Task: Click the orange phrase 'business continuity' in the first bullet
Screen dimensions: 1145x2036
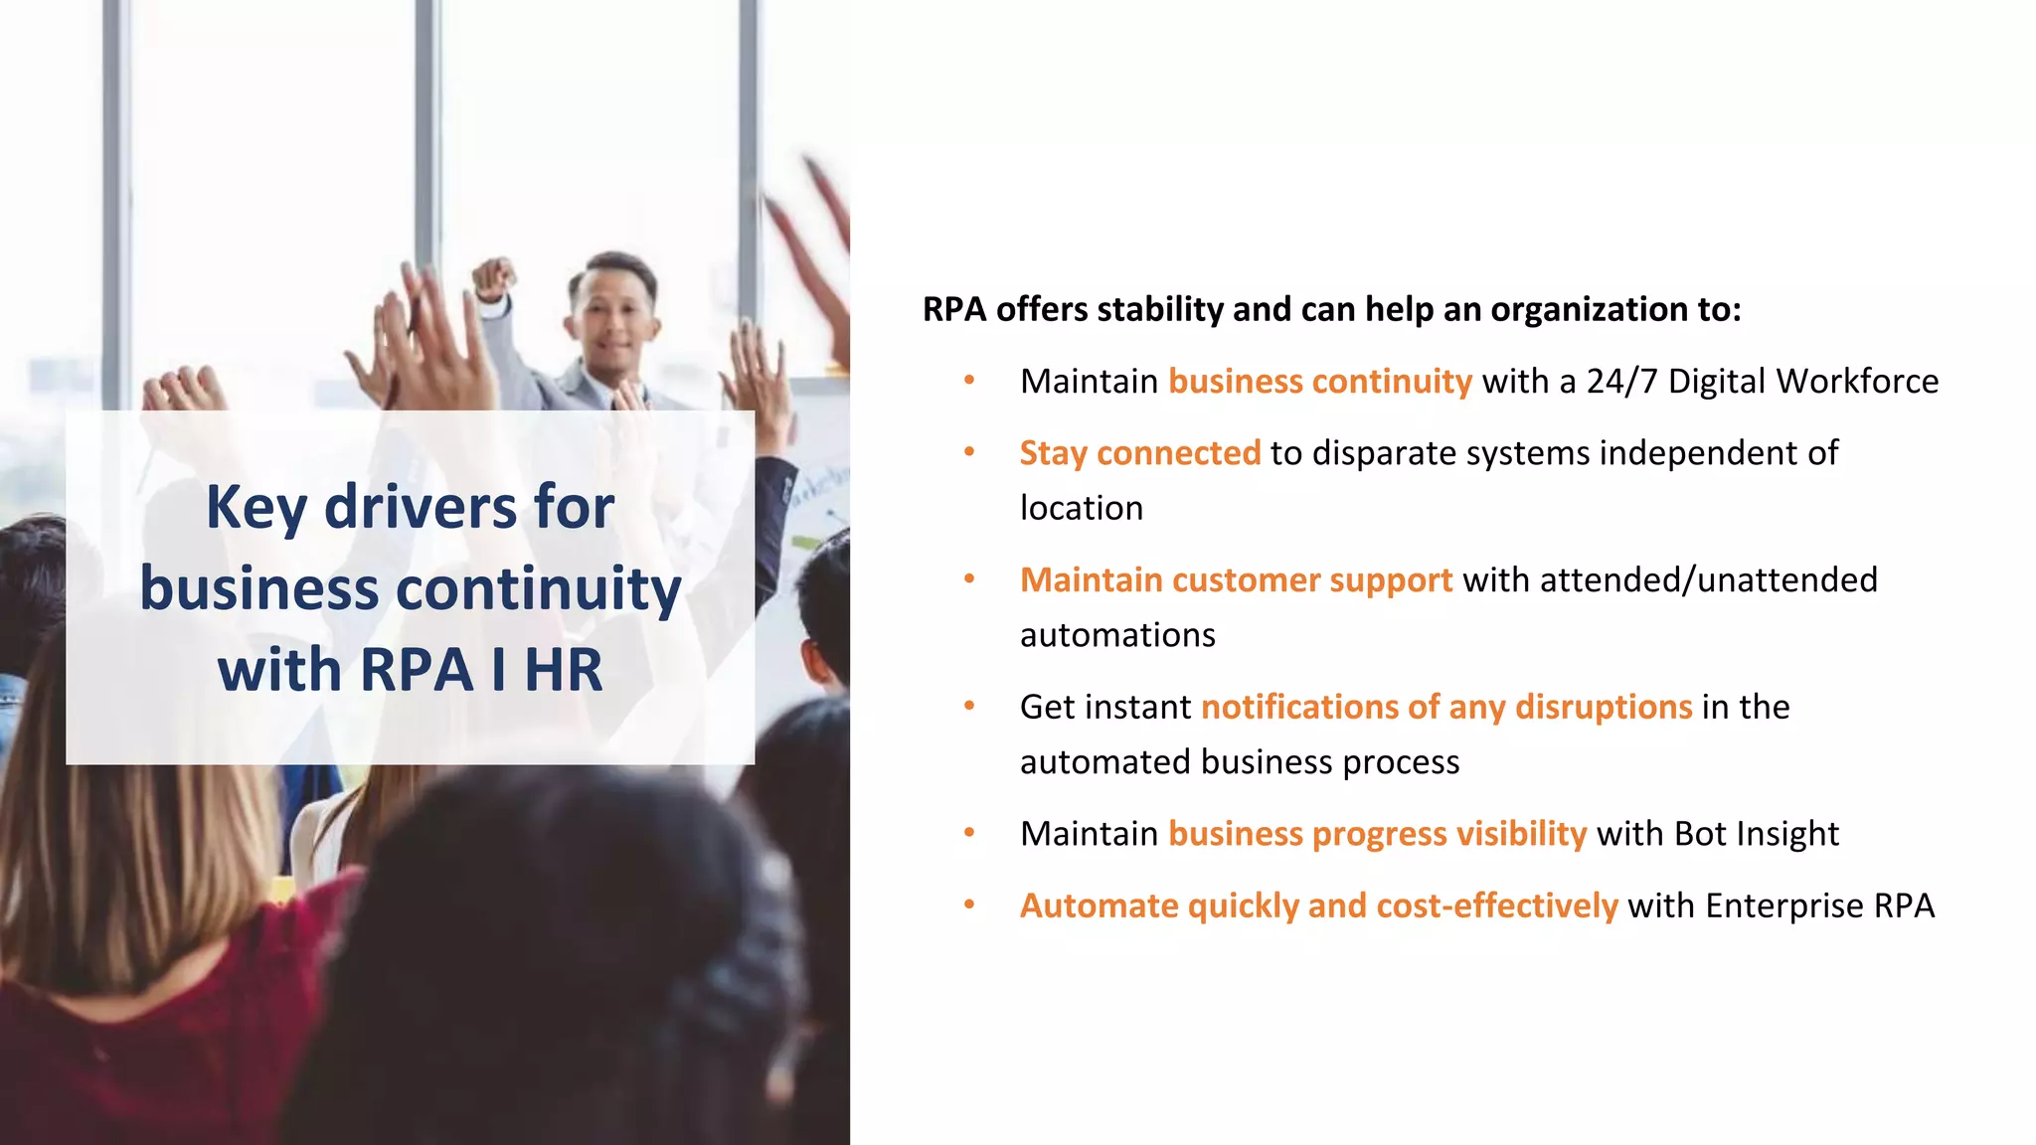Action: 1319,382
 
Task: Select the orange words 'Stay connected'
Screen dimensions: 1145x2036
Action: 1139,453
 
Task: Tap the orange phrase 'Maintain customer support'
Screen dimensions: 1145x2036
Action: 1236,580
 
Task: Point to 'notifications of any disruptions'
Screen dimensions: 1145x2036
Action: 1446,707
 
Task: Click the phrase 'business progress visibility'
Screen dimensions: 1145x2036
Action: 1377,834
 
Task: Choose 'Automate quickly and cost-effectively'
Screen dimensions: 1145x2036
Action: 1318,906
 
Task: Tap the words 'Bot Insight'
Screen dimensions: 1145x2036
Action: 1756,834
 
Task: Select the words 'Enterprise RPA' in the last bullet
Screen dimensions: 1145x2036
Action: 1819,906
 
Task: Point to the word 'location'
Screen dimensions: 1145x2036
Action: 1081,508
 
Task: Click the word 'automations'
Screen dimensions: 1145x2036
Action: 1117,635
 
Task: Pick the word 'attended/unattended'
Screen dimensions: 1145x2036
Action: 1708,580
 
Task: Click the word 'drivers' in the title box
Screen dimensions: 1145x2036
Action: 421,507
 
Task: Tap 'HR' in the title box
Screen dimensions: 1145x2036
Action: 563,670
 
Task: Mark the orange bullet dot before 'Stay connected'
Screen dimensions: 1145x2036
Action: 969,452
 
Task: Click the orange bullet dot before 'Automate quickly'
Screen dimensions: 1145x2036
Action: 969,905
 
